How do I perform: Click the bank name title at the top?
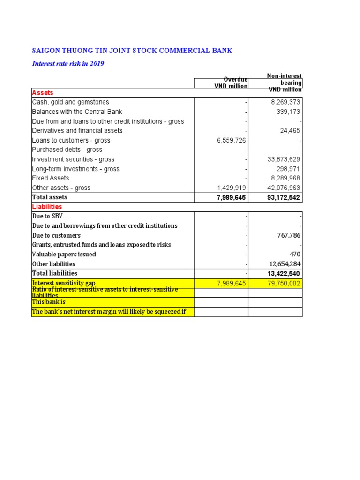[132, 51]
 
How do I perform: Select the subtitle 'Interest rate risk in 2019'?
[68, 64]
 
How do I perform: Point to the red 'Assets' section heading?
[43, 93]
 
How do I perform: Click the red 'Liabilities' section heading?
[47, 207]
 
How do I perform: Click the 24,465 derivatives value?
[290, 131]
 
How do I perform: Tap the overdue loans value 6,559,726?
[232, 140]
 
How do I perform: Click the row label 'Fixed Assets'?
[51, 178]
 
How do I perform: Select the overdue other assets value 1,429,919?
[232, 188]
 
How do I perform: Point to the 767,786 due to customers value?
[287, 235]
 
